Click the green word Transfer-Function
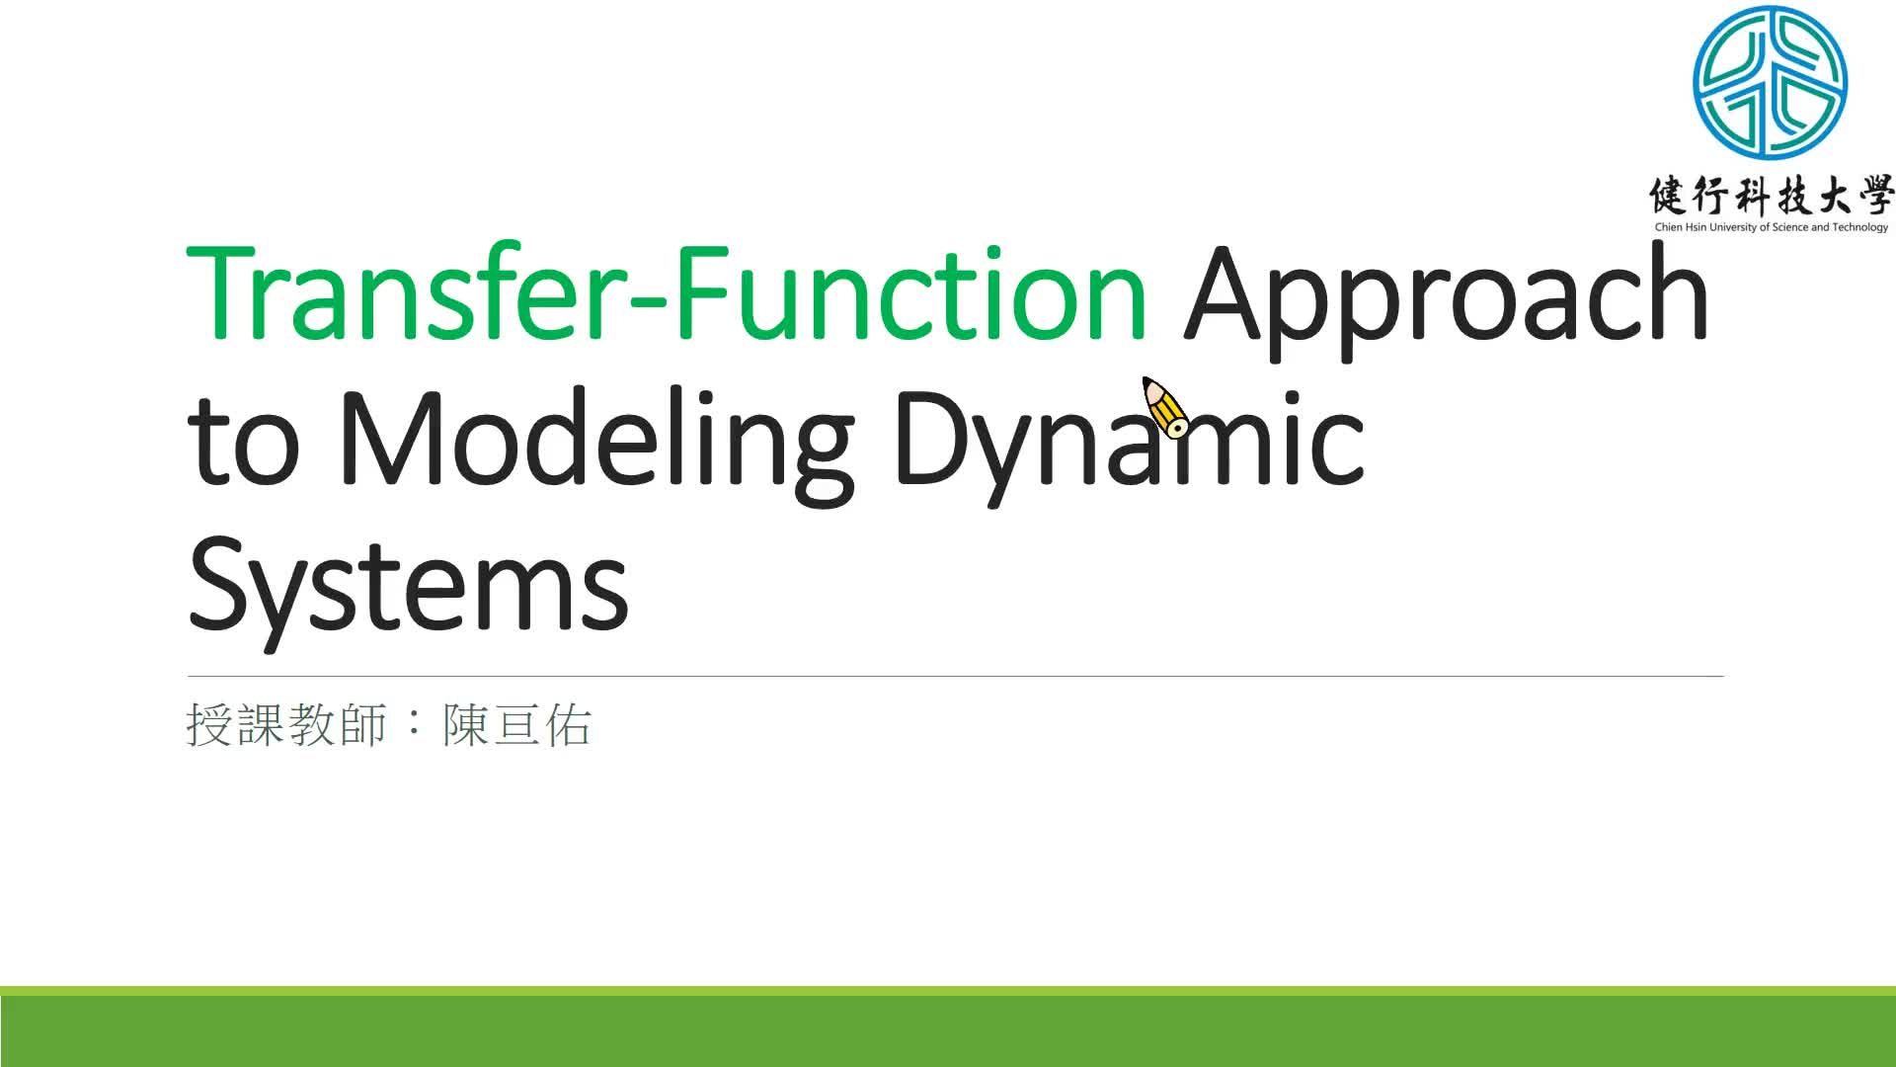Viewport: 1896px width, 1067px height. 667,293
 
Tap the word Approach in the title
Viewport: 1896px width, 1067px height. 1446,296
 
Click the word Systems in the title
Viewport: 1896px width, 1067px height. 408,585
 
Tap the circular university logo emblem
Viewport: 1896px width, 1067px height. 1770,83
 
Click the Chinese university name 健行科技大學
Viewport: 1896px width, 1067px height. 1771,197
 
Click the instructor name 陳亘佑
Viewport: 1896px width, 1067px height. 516,725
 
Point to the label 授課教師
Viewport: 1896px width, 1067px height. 286,725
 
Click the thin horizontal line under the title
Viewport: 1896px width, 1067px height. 955,676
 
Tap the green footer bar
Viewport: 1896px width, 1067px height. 948,1027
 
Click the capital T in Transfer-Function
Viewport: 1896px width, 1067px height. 222,293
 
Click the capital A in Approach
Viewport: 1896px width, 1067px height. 1225,293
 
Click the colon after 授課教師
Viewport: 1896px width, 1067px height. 415,725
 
